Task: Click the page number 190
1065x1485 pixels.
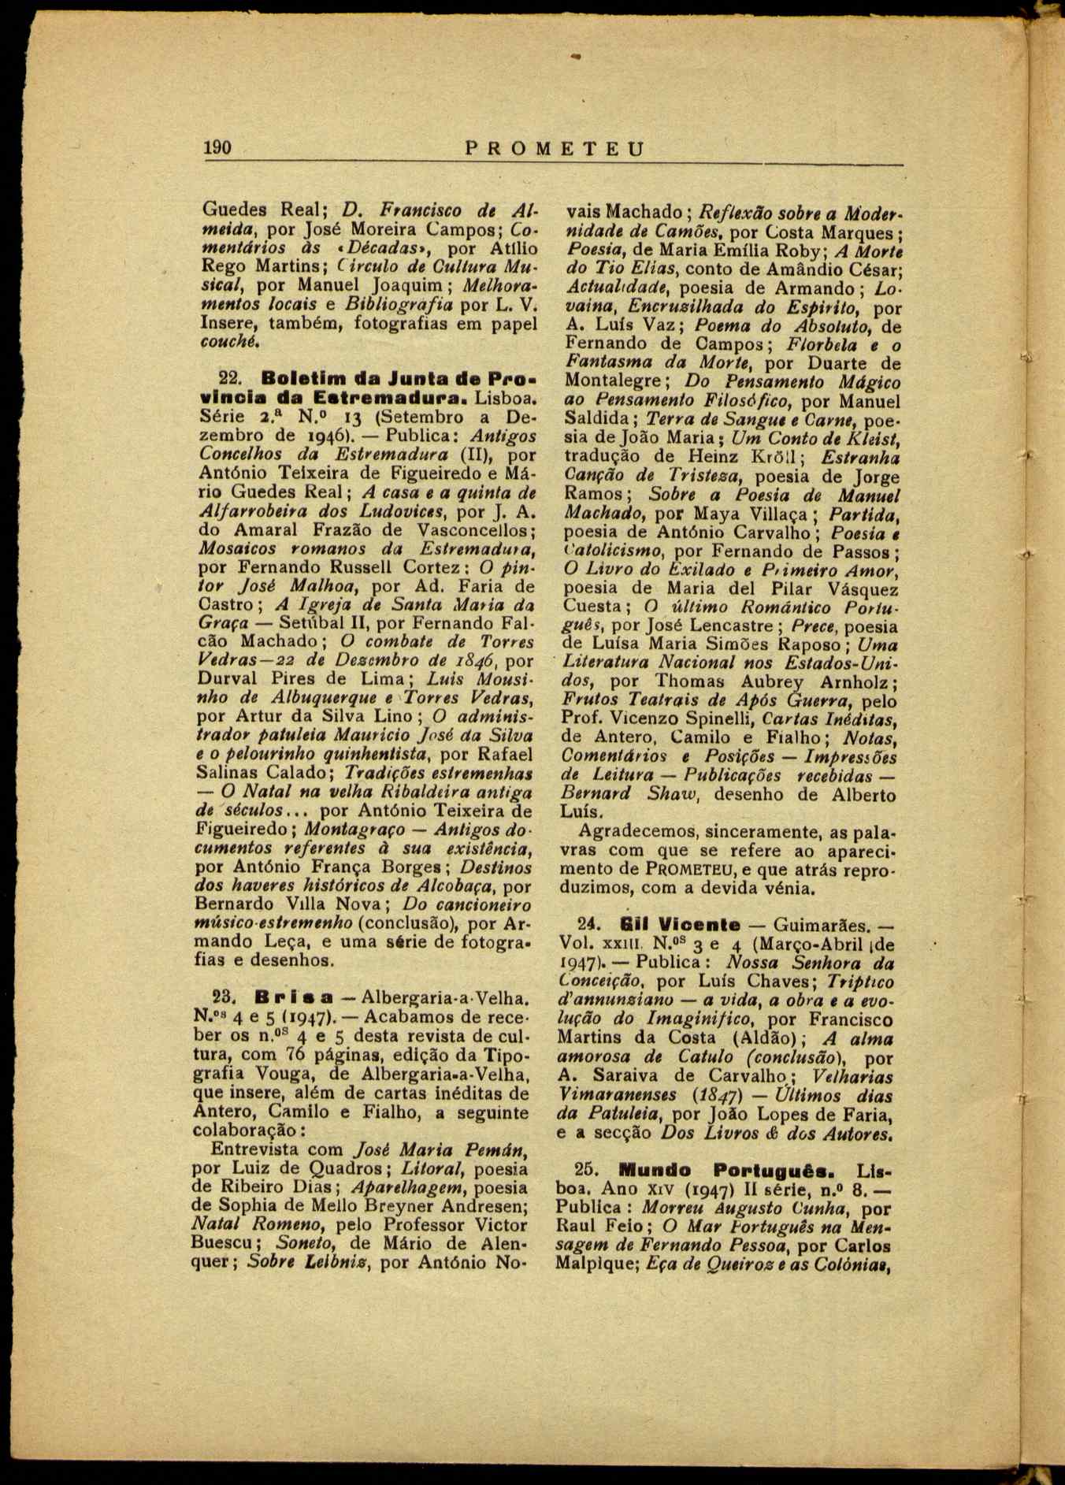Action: (217, 148)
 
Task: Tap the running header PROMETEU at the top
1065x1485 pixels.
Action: (555, 149)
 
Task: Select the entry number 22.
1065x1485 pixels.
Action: (228, 377)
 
